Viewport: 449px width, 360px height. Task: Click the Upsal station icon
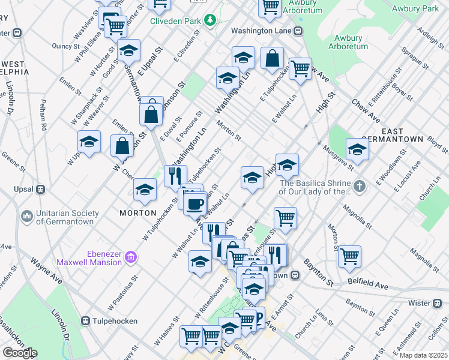pyautogui.click(x=41, y=189)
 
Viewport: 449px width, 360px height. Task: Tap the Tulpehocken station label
pyautogui.click(x=117, y=320)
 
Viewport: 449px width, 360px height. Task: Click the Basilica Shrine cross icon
pyautogui.click(x=360, y=187)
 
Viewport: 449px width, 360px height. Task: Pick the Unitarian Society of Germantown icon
pyautogui.click(x=27, y=215)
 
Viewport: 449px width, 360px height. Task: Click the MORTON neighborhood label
pyautogui.click(x=138, y=213)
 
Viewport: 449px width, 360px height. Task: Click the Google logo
pyautogui.click(x=19, y=353)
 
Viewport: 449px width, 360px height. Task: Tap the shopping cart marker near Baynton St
pyautogui.click(x=349, y=256)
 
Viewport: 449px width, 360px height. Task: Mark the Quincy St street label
pyautogui.click(x=65, y=46)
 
